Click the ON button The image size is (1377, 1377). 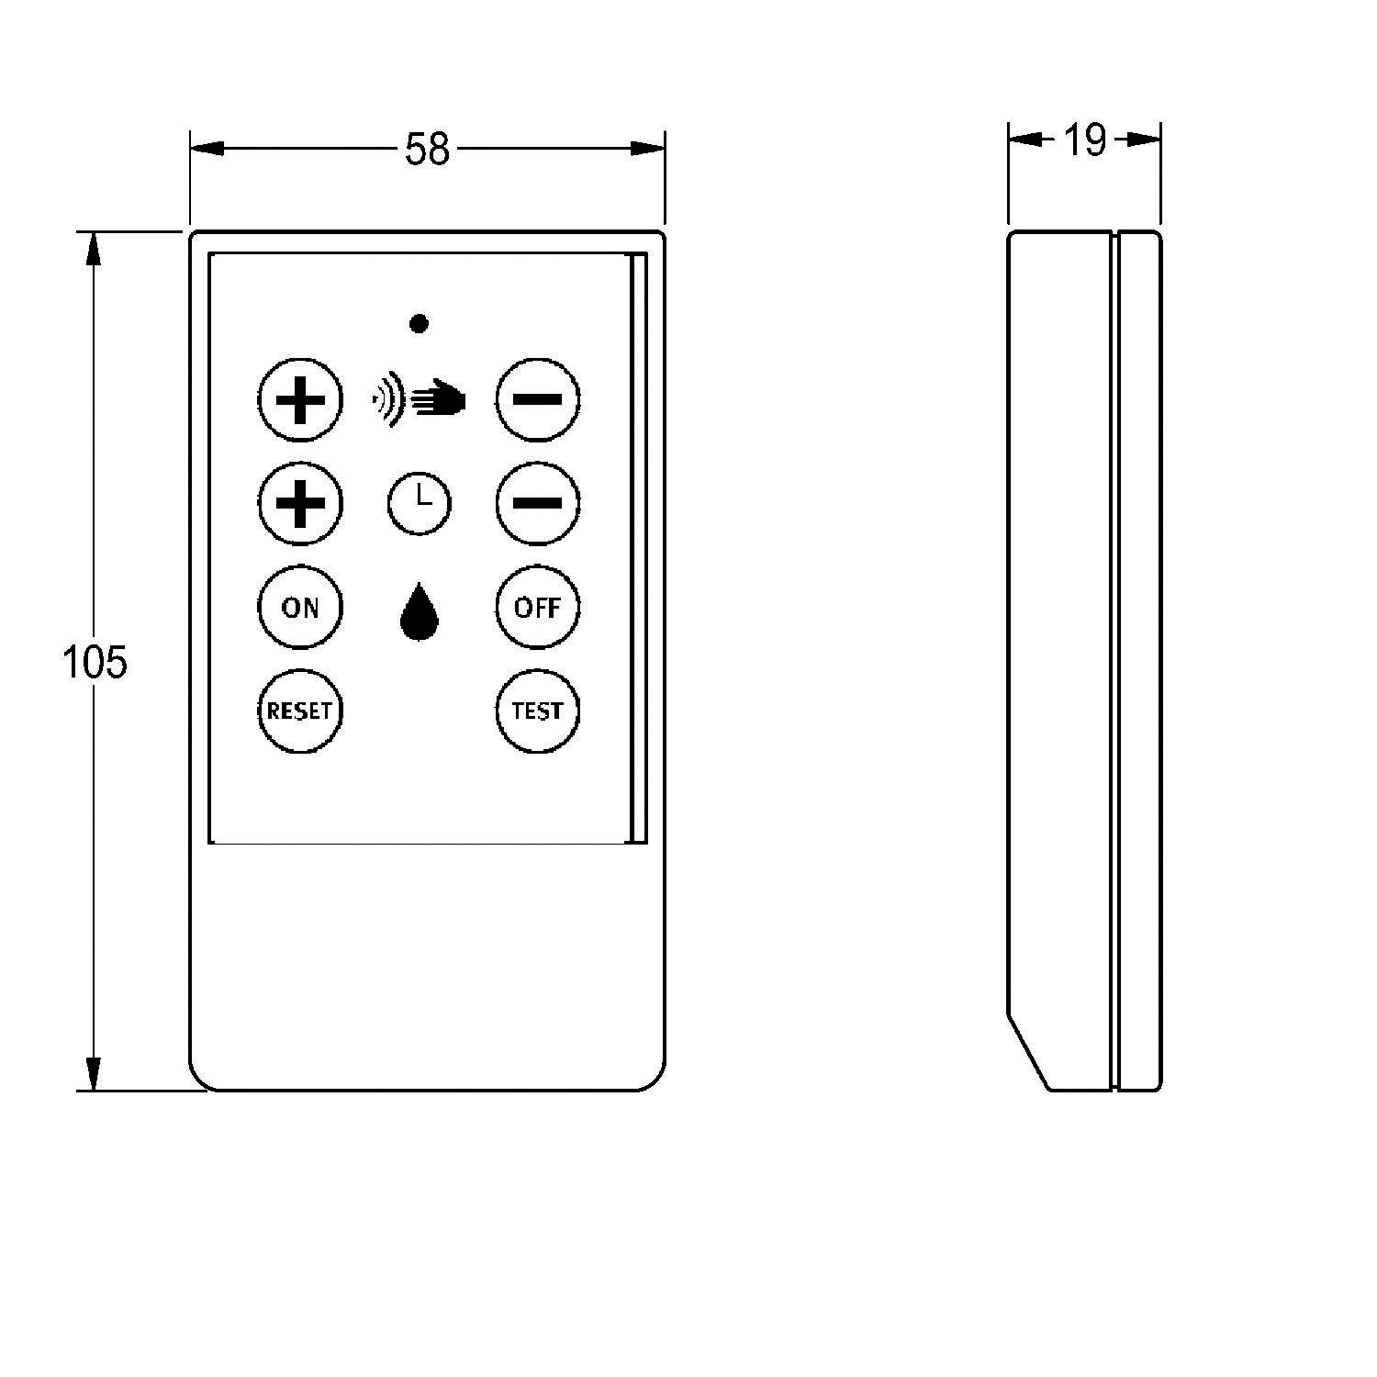[x=300, y=607]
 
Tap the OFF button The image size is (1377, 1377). [x=537, y=607]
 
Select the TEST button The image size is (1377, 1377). [x=537, y=711]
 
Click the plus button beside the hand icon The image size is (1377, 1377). [x=300, y=400]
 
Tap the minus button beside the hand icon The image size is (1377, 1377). [x=537, y=399]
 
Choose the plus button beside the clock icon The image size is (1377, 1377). [x=300, y=503]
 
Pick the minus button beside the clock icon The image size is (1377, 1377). [x=537, y=503]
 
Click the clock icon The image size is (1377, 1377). [x=419, y=503]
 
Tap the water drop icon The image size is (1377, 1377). [x=420, y=611]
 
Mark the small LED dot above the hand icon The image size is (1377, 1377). [x=419, y=323]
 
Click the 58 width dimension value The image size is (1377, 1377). [x=427, y=150]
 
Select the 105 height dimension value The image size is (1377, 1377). [x=95, y=661]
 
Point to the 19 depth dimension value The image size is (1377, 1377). [x=1084, y=140]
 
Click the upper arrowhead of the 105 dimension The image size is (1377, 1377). [x=93, y=250]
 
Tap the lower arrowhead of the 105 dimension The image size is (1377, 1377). [x=93, y=1073]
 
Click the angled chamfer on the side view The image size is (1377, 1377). [x=1029, y=1053]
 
